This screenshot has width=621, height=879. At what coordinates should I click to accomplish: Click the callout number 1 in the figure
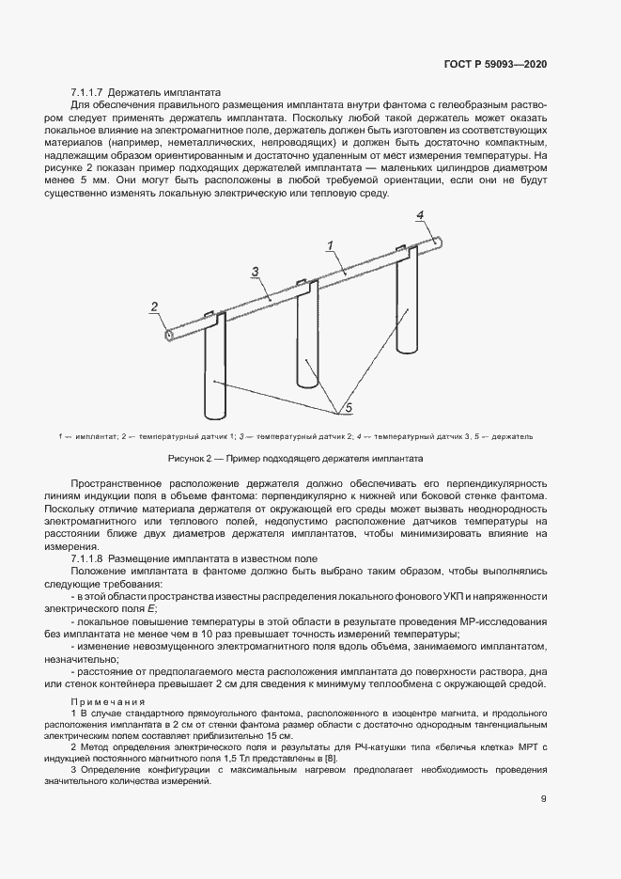coord(331,246)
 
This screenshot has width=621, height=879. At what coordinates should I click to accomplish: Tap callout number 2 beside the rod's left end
coord(154,306)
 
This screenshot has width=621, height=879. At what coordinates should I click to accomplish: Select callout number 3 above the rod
coord(255,272)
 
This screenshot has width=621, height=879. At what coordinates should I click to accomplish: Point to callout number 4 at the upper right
coord(422,216)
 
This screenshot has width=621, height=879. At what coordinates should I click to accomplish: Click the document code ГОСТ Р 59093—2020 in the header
coord(496,65)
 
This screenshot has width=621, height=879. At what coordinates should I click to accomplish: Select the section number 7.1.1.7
coord(89,93)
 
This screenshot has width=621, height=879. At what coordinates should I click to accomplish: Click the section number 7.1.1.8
coord(89,558)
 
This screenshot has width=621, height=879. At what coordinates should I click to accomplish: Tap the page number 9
coord(544,799)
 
